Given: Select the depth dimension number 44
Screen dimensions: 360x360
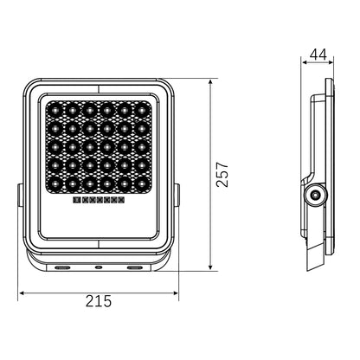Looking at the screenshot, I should pos(318,55).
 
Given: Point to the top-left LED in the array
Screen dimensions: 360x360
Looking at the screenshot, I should pos(54,110).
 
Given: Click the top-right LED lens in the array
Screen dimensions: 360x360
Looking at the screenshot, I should pos(141,110).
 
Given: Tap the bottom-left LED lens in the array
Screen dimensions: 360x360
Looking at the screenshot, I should pos(54,183).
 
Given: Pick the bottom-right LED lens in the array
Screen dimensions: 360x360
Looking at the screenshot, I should pos(141,183).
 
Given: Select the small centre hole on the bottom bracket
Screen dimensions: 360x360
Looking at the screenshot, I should pos(98,268).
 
